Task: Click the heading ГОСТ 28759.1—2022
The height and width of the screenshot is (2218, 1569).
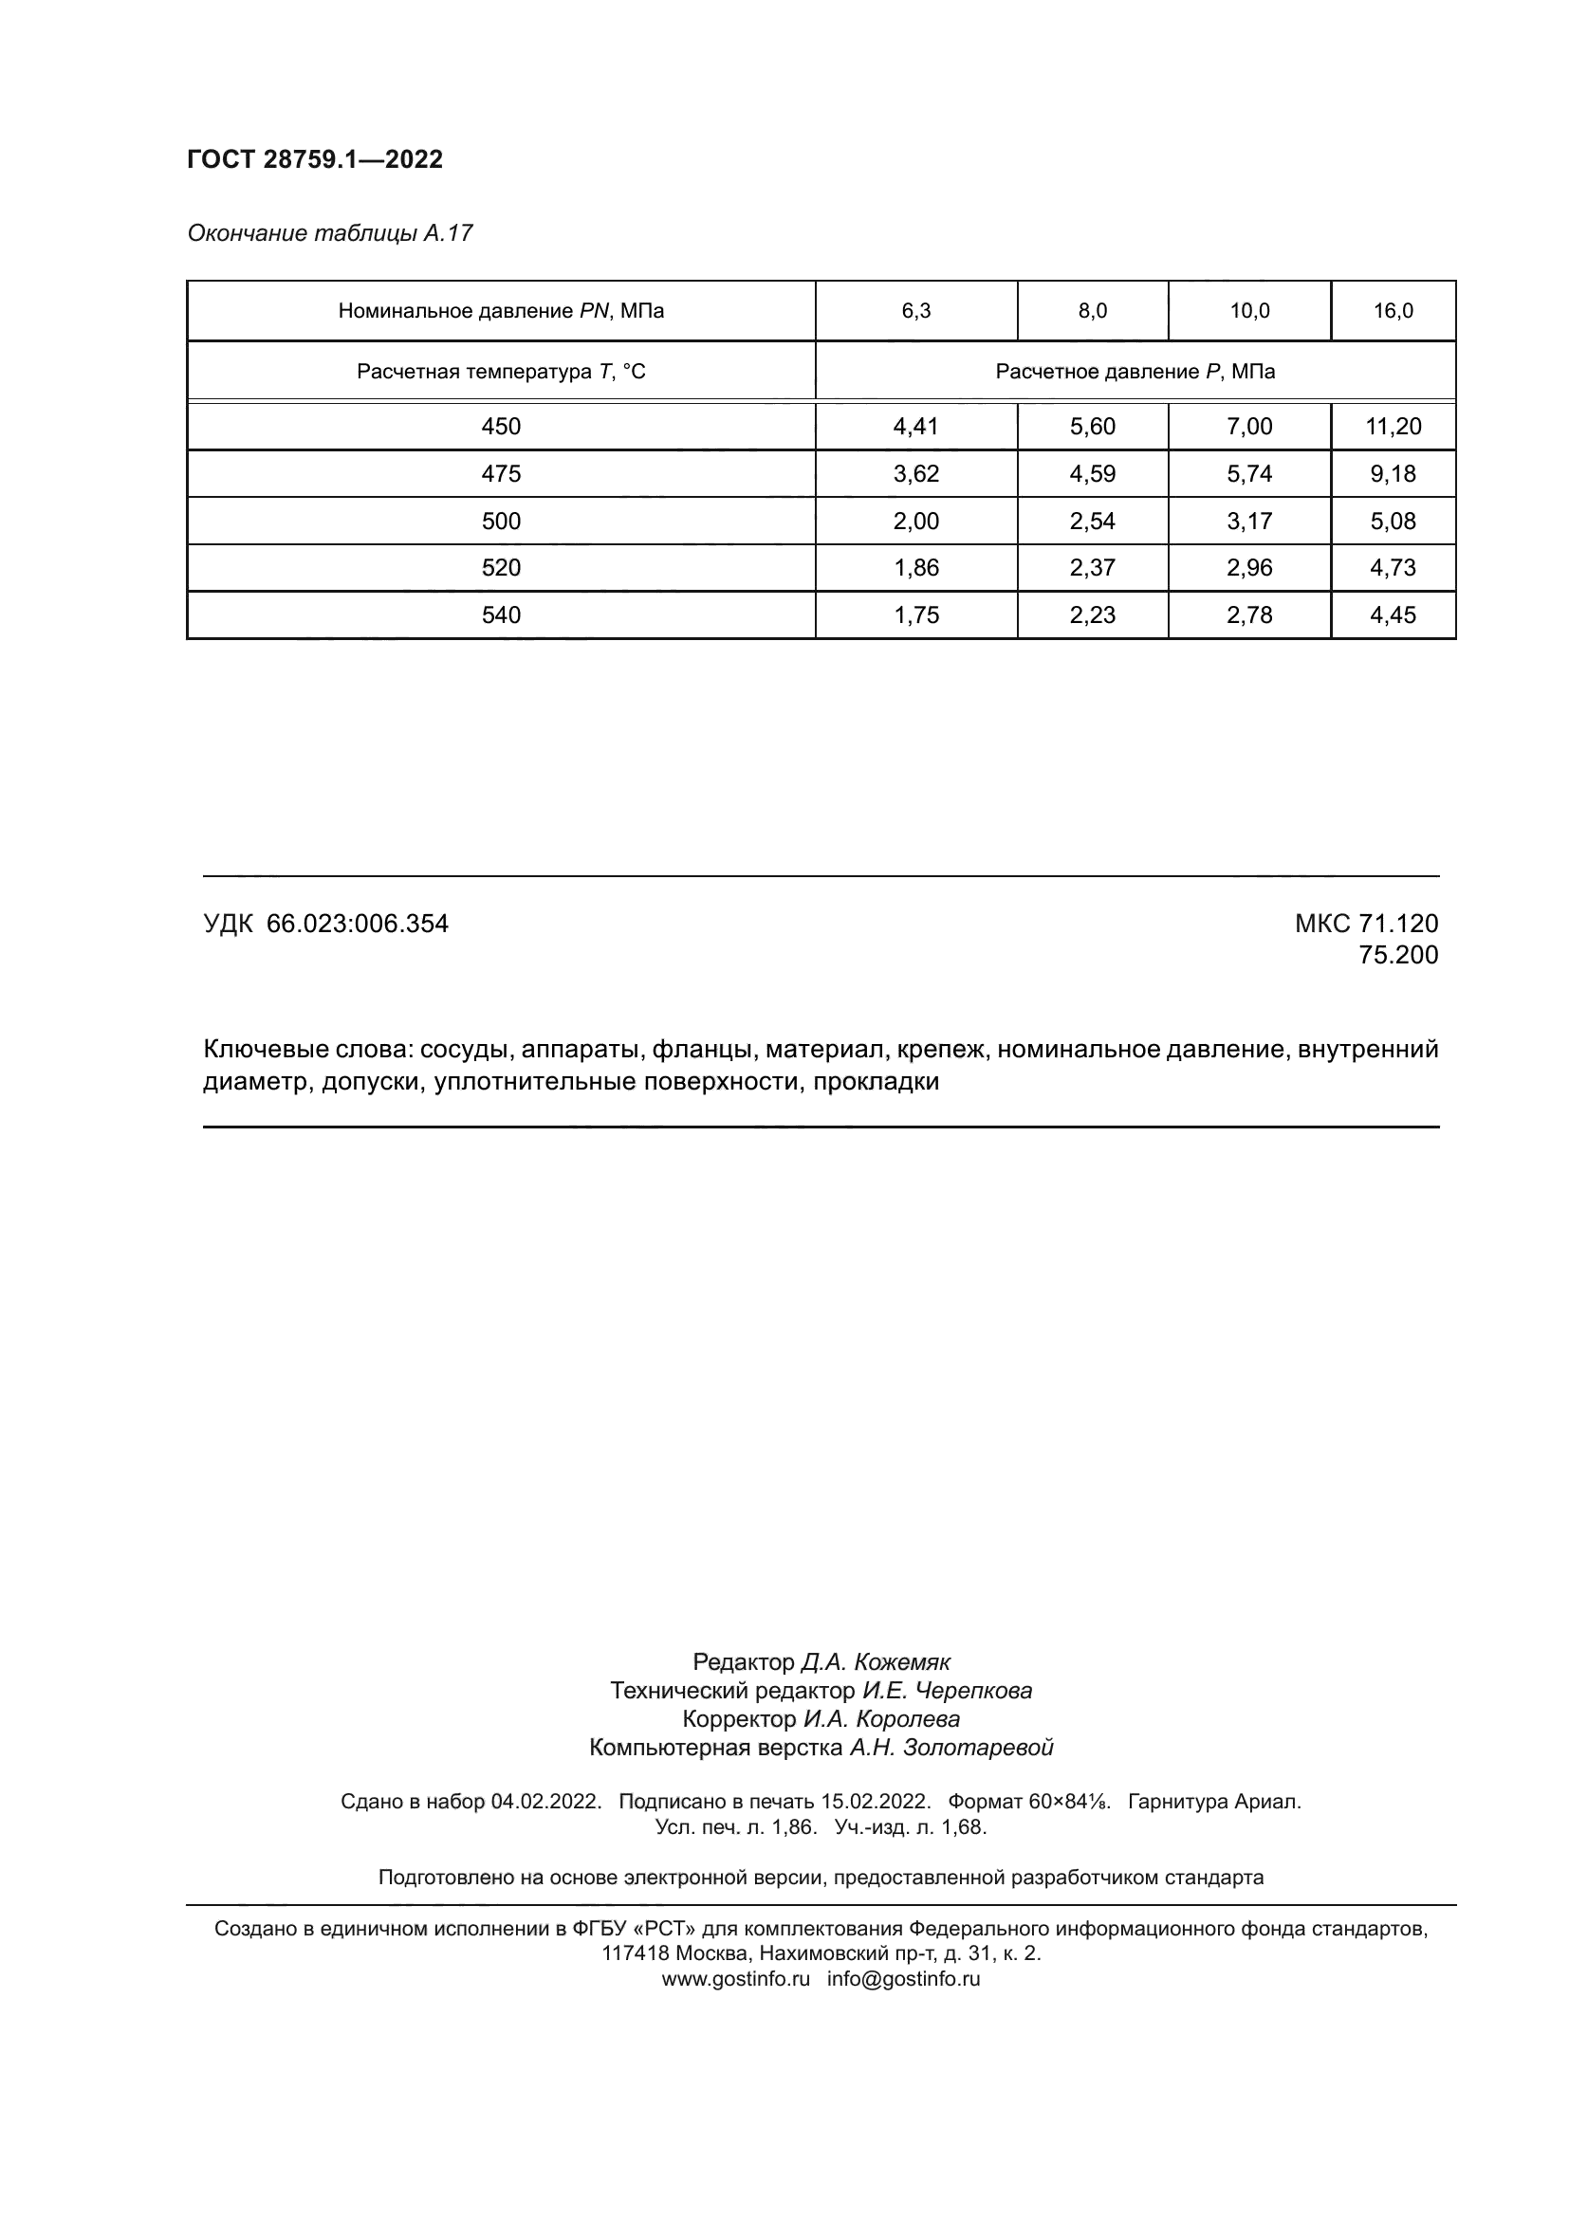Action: (315, 159)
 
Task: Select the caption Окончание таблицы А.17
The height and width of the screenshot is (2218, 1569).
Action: (329, 233)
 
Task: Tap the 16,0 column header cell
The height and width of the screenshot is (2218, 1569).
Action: (1394, 310)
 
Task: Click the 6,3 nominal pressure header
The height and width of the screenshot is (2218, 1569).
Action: (916, 310)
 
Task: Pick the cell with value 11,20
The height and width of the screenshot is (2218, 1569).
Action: (1394, 426)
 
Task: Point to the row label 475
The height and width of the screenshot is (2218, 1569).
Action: (501, 473)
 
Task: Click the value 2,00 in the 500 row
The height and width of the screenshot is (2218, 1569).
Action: (916, 521)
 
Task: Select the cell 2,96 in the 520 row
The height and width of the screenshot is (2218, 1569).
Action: (1249, 567)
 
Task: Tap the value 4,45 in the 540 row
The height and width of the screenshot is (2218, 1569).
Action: (1394, 614)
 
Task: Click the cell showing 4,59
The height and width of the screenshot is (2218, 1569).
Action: (1092, 473)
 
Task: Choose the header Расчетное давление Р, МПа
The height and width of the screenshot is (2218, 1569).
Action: (1135, 372)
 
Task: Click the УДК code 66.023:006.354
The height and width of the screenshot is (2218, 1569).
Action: (358, 924)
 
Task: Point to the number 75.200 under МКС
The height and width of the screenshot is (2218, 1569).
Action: (1398, 955)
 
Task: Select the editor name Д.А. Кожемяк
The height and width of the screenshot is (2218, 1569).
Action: (876, 1661)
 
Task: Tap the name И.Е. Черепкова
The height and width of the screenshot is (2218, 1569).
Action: (947, 1691)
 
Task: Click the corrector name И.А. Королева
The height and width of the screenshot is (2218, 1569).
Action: (881, 1718)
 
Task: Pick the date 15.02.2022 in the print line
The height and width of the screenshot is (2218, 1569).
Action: (876, 1802)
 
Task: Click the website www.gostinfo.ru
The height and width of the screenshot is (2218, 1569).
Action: (735, 1978)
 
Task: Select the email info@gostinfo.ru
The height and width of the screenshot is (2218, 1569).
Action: (903, 1978)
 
